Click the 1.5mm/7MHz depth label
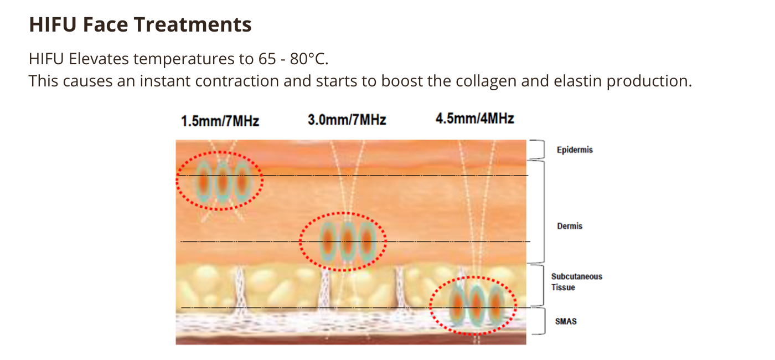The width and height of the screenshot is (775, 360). (x=220, y=121)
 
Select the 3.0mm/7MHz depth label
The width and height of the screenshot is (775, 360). (x=347, y=120)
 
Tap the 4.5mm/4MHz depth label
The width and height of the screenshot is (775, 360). (x=475, y=119)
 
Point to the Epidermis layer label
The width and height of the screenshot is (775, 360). (x=575, y=150)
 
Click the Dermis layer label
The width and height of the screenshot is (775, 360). (x=570, y=226)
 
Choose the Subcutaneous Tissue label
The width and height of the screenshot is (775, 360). (x=576, y=282)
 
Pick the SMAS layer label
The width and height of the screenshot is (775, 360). (x=566, y=321)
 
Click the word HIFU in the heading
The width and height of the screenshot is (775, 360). (x=53, y=24)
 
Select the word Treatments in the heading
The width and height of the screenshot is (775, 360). (x=193, y=24)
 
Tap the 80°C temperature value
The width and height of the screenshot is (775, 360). (x=309, y=59)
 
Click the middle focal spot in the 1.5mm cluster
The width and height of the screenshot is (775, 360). (x=223, y=182)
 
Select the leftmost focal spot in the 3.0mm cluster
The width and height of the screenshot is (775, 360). (x=327, y=241)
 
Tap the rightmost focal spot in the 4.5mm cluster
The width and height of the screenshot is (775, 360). (x=496, y=305)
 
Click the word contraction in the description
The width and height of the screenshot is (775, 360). (x=237, y=81)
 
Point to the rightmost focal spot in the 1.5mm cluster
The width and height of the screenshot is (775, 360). (x=242, y=182)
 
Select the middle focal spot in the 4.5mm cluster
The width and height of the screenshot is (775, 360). (x=477, y=305)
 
